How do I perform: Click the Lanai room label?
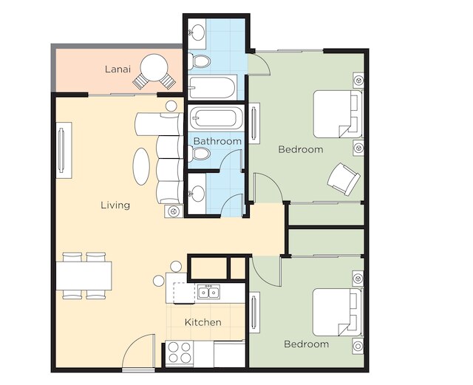[x=118, y=69]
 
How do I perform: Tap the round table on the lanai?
[x=154, y=67]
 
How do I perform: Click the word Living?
[x=115, y=205]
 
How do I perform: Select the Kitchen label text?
[x=203, y=322]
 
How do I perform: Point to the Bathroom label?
[x=217, y=141]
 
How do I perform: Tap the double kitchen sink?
[x=208, y=292]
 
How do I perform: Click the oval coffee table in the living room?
[x=141, y=166]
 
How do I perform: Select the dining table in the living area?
[x=84, y=276]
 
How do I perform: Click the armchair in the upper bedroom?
[x=344, y=180]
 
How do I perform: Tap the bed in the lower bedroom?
[x=337, y=312]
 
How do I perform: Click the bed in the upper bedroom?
[x=338, y=114]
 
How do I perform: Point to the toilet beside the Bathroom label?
[x=199, y=153]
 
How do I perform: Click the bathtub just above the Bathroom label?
[x=216, y=118]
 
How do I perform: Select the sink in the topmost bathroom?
[x=197, y=32]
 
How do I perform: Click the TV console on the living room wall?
[x=64, y=150]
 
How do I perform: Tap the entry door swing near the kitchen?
[x=138, y=351]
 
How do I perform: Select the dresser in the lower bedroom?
[x=254, y=312]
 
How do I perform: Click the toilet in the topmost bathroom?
[x=199, y=61]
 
